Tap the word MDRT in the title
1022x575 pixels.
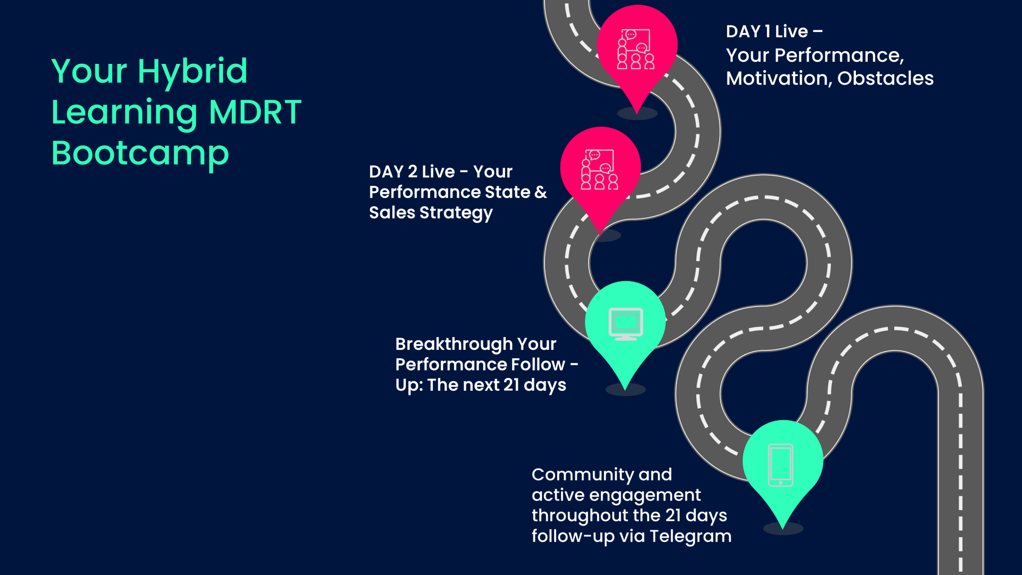click(256, 112)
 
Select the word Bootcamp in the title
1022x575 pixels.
click(141, 154)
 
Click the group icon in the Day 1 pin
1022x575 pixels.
click(636, 49)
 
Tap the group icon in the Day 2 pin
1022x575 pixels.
click(599, 169)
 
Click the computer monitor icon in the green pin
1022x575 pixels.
click(625, 324)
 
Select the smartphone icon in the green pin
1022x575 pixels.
click(781, 465)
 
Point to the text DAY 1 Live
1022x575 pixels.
click(767, 31)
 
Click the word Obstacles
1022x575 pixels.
click(885, 78)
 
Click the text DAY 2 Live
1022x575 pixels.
click(412, 171)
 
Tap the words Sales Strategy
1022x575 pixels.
click(431, 213)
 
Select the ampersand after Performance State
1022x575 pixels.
click(541, 192)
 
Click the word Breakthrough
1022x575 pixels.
click(454, 344)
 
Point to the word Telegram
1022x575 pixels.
click(690, 536)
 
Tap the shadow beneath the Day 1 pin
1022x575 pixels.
click(637, 113)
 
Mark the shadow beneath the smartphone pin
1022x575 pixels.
click(783, 528)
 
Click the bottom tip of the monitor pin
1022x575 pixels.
click(625, 390)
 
